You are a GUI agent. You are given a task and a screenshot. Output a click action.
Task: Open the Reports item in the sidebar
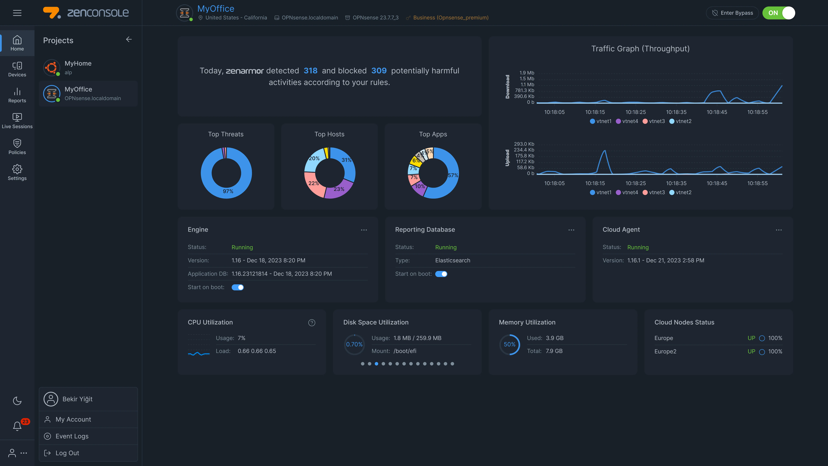17,95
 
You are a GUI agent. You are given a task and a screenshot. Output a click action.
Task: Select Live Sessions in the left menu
17,121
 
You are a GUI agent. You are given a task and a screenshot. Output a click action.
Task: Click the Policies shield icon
17,143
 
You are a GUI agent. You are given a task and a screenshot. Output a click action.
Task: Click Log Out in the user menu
67,453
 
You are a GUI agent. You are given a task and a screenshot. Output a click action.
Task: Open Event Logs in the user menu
72,436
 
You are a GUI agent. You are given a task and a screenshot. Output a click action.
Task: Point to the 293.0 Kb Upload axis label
524,144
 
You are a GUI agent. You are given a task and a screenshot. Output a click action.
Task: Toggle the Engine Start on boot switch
238,287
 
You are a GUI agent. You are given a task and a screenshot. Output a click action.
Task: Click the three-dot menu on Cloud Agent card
779,230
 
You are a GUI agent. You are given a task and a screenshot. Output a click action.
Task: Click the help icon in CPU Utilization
311,323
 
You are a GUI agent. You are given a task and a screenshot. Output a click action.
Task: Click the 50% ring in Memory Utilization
509,344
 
